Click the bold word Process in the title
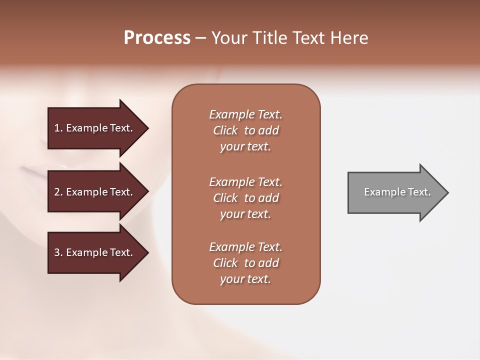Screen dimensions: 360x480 click(157, 38)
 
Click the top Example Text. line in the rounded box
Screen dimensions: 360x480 click(245, 114)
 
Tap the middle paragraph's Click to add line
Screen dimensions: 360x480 click(245, 198)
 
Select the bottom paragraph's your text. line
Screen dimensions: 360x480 click(245, 279)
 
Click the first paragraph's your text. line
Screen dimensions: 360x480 click(245, 146)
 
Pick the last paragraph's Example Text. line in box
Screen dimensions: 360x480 click(245, 247)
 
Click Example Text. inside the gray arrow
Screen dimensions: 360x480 click(397, 192)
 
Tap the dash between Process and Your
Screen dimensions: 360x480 click(201, 38)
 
